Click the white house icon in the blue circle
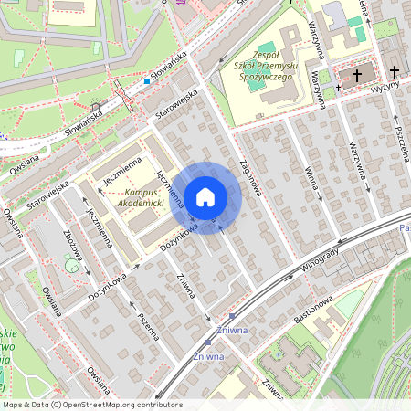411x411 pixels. [x=205, y=196]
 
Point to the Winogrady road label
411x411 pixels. [x=319, y=261]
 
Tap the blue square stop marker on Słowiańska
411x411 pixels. [x=146, y=80]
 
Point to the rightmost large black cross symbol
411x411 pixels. [x=394, y=70]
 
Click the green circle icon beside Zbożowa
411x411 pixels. [x=71, y=266]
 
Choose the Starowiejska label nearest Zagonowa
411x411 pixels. [x=175, y=106]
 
